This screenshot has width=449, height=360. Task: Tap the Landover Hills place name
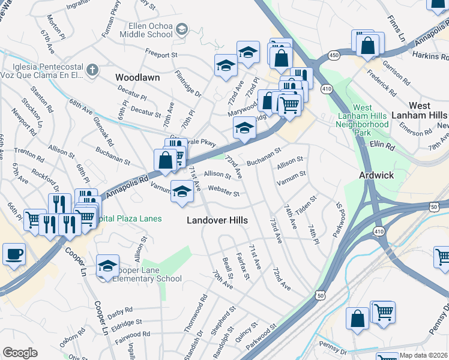pyautogui.click(x=217, y=220)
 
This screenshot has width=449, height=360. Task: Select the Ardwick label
pyautogui.click(x=376, y=176)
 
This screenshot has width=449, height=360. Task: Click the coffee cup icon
pyautogui.click(x=14, y=254)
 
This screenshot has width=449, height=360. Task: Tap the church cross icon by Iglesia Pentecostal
pyautogui.click(x=92, y=70)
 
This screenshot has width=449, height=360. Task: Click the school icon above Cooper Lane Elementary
pyautogui.click(x=107, y=266)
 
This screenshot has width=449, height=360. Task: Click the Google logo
pyautogui.click(x=20, y=353)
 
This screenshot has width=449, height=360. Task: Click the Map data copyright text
pyautogui.click(x=424, y=355)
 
